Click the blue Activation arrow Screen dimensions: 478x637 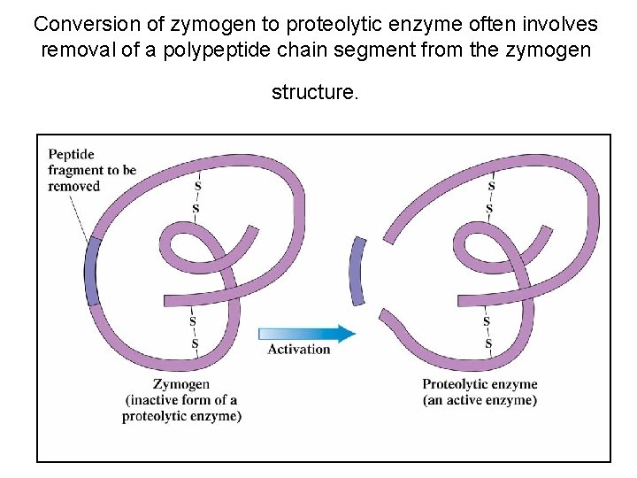click(x=306, y=333)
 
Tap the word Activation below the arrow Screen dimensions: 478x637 click(x=299, y=349)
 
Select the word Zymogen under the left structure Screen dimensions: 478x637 click(x=181, y=384)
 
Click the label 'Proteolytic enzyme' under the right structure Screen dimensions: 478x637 click(x=480, y=384)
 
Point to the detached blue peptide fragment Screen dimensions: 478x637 click(x=357, y=271)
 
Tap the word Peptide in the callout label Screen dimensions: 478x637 click(x=72, y=154)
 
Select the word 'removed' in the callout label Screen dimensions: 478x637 click(x=73, y=186)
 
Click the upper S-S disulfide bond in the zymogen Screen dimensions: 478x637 click(x=196, y=197)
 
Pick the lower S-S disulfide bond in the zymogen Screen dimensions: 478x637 click(x=194, y=332)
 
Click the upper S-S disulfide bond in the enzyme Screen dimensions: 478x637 click(x=490, y=197)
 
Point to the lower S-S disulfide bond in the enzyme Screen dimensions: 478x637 click(x=487, y=332)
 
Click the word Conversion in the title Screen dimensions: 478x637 click(x=80, y=24)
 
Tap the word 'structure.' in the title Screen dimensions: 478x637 click(x=316, y=92)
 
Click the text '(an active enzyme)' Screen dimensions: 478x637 click(x=480, y=400)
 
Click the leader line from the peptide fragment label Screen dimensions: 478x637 click(x=80, y=217)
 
